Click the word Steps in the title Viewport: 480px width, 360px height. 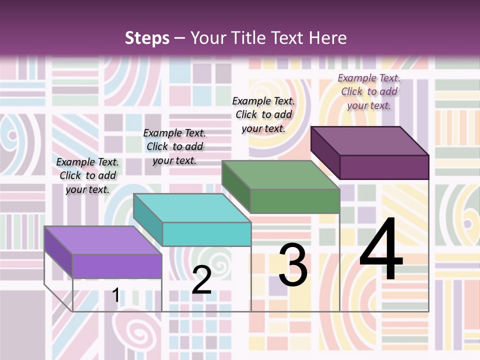click(x=147, y=38)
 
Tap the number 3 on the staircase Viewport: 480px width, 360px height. click(x=292, y=265)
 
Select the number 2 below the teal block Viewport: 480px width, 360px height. click(x=201, y=280)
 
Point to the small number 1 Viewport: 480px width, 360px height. click(x=115, y=295)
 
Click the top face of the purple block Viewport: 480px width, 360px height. click(x=102, y=240)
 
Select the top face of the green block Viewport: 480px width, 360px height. click(x=280, y=175)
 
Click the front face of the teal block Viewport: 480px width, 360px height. click(x=206, y=234)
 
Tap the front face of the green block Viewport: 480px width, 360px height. click(x=295, y=201)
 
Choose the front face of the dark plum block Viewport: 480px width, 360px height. click(x=384, y=167)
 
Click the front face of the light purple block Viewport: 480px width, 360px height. click(x=117, y=266)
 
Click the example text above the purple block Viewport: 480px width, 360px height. click(x=87, y=175)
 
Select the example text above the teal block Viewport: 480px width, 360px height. click(x=174, y=146)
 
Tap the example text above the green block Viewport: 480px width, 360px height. click(x=263, y=114)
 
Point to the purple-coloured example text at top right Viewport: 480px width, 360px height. click(x=369, y=91)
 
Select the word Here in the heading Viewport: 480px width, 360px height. click(x=327, y=38)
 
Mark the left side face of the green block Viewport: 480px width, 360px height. click(x=236, y=187)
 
